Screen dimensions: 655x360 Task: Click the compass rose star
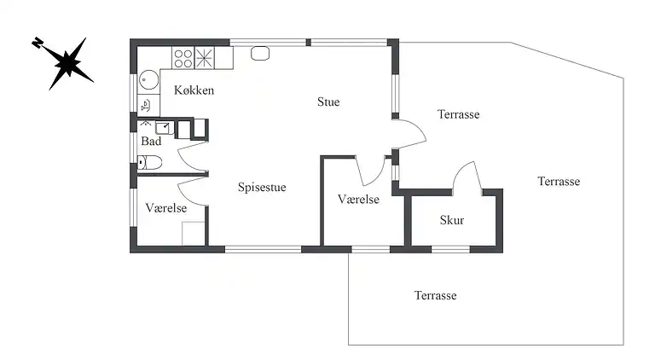(67, 63)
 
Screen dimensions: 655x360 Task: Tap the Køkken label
(194, 90)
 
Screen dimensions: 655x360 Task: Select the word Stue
(328, 102)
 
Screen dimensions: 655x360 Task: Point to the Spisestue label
(262, 187)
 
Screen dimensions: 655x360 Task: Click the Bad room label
(151, 141)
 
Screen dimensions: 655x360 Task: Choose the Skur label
(452, 220)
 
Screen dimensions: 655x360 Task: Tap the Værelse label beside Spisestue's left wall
(165, 208)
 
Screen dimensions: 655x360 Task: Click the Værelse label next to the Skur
(358, 200)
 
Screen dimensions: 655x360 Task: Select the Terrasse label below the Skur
(435, 296)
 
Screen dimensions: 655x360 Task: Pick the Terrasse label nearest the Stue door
(458, 114)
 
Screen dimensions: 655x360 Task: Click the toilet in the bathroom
(149, 162)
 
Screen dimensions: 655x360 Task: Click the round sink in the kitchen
(148, 79)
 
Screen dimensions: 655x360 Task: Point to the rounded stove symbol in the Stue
(260, 54)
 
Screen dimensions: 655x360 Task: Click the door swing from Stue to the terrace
(410, 133)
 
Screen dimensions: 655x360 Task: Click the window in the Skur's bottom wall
(450, 249)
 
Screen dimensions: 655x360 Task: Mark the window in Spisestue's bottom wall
(264, 249)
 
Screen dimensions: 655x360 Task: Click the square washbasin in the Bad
(165, 127)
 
